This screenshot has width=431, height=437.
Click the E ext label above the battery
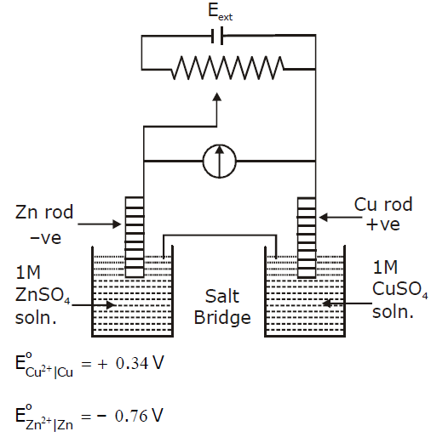220,12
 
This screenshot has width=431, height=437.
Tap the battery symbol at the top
217,36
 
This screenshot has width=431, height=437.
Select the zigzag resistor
228,68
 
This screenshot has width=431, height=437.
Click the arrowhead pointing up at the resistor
217,97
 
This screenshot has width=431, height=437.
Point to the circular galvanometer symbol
219,161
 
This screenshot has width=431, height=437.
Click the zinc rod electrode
135,237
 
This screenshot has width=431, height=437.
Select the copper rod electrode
307,237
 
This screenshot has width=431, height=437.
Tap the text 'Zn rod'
44,212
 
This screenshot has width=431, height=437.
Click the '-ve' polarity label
45,237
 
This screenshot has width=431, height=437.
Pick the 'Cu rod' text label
383,204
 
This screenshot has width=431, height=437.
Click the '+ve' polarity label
382,224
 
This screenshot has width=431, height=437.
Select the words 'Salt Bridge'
222,307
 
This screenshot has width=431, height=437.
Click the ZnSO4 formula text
43,295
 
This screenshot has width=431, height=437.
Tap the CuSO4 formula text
399,289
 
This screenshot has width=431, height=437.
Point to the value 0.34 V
140,363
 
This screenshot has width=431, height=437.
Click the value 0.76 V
139,416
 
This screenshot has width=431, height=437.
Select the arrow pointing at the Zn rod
100,224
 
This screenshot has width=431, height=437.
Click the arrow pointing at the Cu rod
341,218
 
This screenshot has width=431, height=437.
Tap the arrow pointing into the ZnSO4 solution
94,305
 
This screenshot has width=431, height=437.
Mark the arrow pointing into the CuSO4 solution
347,304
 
